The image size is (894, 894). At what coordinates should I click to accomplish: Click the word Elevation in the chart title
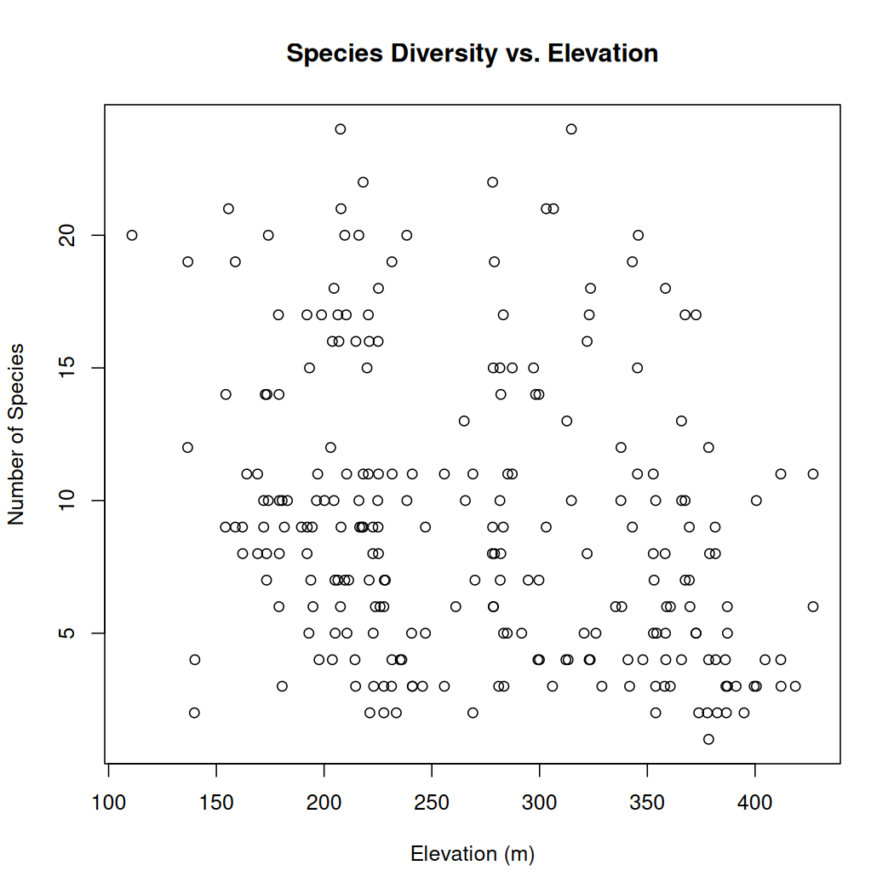click(603, 54)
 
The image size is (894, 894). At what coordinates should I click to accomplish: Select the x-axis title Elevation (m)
click(473, 853)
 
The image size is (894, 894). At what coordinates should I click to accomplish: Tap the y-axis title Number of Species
click(16, 434)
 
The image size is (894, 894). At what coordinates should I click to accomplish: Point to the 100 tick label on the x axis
click(109, 803)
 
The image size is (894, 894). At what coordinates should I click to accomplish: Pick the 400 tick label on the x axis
click(754, 803)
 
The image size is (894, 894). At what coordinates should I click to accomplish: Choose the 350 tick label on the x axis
click(647, 803)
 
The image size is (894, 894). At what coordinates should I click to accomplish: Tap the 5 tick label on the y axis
click(73, 633)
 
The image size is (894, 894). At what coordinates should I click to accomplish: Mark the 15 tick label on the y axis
click(73, 368)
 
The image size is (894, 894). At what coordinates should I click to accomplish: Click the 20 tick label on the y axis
click(73, 235)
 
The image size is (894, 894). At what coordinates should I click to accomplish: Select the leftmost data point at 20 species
click(132, 235)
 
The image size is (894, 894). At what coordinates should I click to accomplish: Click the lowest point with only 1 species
click(708, 739)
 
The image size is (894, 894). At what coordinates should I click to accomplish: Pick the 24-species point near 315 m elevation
click(571, 129)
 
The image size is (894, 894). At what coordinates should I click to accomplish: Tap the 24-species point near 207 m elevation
click(341, 129)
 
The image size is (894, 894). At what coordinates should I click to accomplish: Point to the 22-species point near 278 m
click(492, 182)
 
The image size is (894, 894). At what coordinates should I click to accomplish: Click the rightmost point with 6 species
click(813, 606)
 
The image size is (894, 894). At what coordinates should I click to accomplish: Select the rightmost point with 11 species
click(813, 473)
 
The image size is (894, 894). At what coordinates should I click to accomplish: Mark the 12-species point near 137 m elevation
click(188, 447)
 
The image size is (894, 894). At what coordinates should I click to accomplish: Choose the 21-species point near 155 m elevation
click(228, 209)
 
